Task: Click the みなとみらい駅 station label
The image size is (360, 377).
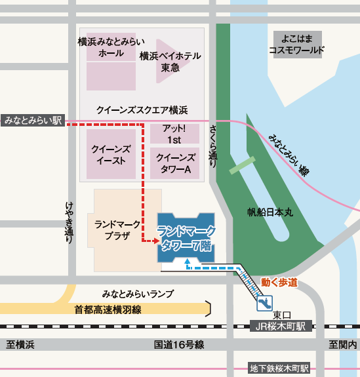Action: (33, 121)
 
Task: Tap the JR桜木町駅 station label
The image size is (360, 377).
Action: (283, 326)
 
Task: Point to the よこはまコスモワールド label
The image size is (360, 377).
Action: (297, 44)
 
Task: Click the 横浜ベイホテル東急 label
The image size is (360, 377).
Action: (170, 62)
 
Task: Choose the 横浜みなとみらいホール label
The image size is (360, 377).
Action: (110, 47)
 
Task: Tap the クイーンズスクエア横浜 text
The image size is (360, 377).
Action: (142, 109)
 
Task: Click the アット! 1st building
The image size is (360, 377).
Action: (174, 134)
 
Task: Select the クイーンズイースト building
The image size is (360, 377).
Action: (111, 155)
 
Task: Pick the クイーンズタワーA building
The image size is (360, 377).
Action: (174, 163)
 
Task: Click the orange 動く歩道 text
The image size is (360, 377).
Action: (279, 283)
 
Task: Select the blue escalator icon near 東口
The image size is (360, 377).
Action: (266, 303)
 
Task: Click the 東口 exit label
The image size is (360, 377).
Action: (283, 313)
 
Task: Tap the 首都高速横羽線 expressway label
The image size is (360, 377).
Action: (108, 309)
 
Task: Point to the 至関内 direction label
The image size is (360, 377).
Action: (344, 344)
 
